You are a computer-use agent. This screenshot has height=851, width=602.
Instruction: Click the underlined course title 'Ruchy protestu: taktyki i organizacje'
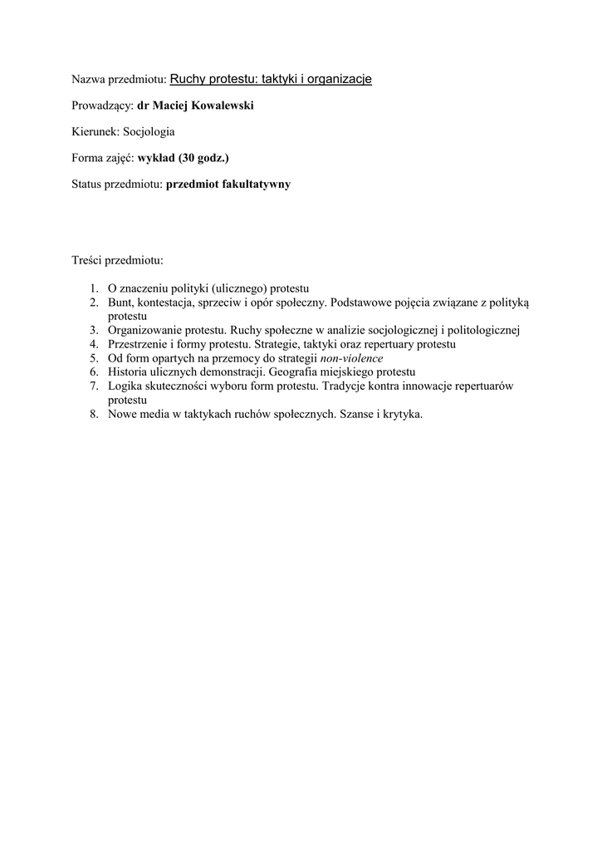(x=271, y=79)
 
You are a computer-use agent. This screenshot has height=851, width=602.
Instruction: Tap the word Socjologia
(x=149, y=131)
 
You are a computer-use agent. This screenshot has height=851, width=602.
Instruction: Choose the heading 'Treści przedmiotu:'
(x=118, y=261)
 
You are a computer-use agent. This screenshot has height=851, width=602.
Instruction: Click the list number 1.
(x=94, y=288)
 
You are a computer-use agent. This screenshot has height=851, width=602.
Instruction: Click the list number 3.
(x=94, y=330)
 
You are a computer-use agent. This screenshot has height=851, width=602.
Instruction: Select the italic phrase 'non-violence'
(x=352, y=358)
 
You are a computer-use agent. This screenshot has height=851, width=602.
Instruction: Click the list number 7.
(x=94, y=386)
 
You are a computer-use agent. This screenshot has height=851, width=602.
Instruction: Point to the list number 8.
(x=94, y=414)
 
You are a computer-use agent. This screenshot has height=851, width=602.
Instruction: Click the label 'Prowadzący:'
(x=103, y=106)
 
